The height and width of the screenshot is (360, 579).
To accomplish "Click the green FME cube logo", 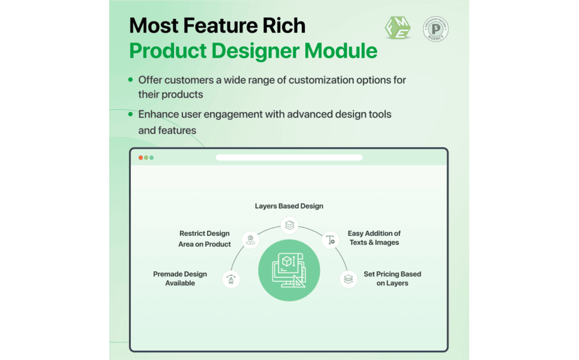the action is (398, 28).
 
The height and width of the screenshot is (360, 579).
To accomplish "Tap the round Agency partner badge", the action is (436, 29).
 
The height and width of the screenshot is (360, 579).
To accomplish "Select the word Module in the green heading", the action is (341, 50).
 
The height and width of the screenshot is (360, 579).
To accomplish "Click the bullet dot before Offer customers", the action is (130, 79).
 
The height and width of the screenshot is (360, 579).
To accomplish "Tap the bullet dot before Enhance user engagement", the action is (130, 114).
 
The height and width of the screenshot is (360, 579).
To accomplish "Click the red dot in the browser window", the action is (140, 158).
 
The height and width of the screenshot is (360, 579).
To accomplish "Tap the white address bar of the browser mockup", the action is (289, 158).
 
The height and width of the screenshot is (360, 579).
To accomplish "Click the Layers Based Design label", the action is (289, 206).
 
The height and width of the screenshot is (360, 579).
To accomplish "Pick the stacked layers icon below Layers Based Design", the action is (289, 225).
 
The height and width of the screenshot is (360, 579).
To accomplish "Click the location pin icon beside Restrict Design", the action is (250, 240).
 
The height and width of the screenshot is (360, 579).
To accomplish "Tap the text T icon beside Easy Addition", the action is (331, 240).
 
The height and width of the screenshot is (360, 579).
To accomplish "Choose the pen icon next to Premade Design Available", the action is (231, 279).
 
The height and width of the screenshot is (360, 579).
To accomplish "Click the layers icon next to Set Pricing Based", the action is (348, 279).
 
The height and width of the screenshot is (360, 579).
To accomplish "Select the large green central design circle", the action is (289, 270).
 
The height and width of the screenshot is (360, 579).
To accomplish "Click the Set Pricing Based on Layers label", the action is (392, 279).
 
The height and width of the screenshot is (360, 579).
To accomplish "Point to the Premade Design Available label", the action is (180, 279).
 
